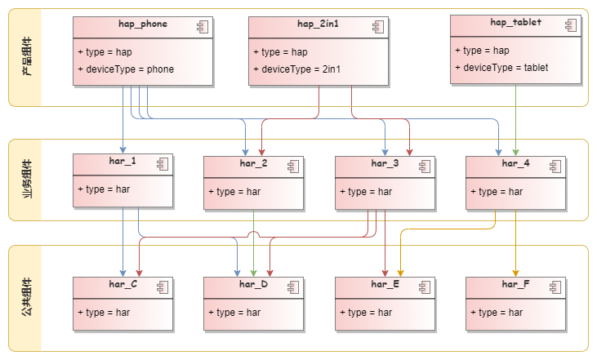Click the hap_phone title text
pyautogui.click(x=143, y=24)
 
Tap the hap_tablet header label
pyautogui.click(x=515, y=22)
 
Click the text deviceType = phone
pyautogui.click(x=128, y=69)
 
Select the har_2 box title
pyautogui.click(x=253, y=164)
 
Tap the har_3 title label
pyautogui.click(x=385, y=164)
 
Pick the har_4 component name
pyautogui.click(x=515, y=164)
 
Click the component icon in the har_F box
pyautogui.click(x=555, y=287)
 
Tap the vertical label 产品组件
pyautogui.click(x=27, y=57)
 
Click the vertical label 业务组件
pyautogui.click(x=27, y=180)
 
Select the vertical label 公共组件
pyautogui.click(x=27, y=299)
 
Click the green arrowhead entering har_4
pyautogui.click(x=515, y=152)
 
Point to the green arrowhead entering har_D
pyautogui.click(x=253, y=273)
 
